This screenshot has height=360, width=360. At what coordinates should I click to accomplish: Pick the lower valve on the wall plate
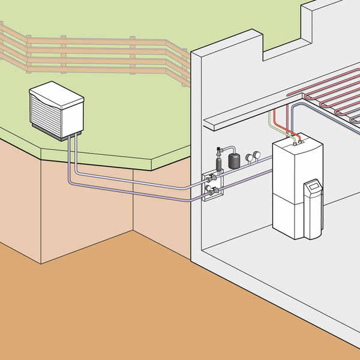(210, 191)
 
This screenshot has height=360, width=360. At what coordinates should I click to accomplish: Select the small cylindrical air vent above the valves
(218, 163)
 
